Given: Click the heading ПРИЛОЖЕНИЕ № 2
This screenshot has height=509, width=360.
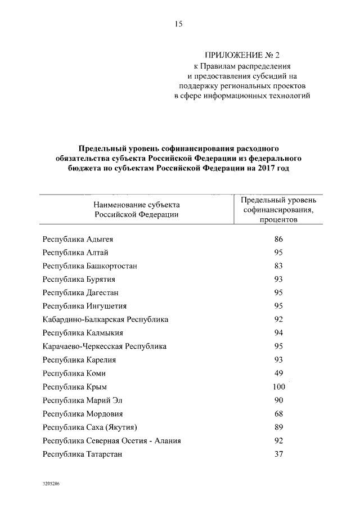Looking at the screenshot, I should point(242,55).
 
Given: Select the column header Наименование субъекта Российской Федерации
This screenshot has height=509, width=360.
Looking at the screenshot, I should point(137,210).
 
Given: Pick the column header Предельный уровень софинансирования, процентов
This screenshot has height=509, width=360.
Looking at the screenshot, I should point(278,210).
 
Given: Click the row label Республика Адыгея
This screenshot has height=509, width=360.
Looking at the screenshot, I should point(78,239).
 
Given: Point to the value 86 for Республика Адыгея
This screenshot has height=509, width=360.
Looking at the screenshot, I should point(278,239).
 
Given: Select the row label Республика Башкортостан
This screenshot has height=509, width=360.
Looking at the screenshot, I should point(90,265).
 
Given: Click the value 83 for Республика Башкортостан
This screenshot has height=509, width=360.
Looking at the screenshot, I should point(278,265).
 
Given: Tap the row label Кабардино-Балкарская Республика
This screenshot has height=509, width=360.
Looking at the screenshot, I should point(105,319).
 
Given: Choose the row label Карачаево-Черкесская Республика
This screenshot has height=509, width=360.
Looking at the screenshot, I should point(105,346).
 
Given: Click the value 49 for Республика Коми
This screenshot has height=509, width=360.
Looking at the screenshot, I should point(278,373).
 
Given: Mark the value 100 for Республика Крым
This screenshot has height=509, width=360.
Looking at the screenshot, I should point(278,386).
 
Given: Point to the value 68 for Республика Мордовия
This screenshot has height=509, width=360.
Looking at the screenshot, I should point(278,413).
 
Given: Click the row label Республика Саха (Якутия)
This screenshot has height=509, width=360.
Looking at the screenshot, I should point(90,427).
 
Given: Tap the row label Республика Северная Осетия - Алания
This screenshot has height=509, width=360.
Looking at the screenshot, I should point(111,440).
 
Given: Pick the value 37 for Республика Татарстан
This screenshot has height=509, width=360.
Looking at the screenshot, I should point(278,454).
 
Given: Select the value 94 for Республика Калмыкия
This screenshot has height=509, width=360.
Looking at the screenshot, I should point(278,333).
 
